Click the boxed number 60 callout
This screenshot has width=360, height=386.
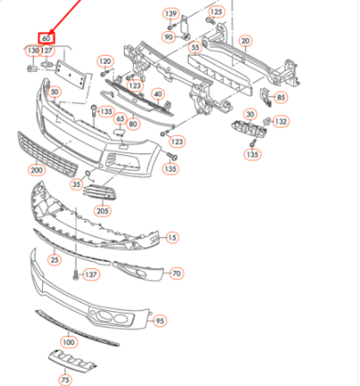(46, 38)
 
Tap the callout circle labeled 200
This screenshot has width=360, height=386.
(36, 170)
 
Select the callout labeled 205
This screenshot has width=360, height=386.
(102, 211)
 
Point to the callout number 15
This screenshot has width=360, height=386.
(172, 237)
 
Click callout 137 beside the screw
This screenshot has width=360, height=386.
(91, 275)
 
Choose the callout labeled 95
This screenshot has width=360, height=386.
(159, 321)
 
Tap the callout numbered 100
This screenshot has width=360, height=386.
(68, 342)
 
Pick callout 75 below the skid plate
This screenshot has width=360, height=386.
(66, 380)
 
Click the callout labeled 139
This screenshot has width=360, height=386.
(170, 14)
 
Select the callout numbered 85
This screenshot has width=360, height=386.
(282, 98)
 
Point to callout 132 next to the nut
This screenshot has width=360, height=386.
(281, 121)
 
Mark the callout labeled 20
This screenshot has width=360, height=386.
(245, 41)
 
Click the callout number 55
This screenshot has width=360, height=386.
(195, 47)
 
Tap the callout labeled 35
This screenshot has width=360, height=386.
(77, 184)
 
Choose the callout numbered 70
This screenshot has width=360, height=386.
(177, 274)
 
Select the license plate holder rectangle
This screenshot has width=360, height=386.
(70, 74)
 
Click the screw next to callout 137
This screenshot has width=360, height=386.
(76, 275)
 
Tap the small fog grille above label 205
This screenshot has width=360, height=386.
(99, 193)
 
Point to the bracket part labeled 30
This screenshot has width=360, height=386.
(250, 130)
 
